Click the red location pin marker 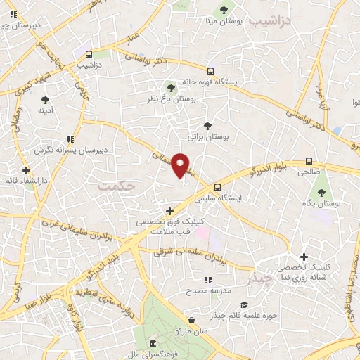point(180,164)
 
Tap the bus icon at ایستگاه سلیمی point(217,187)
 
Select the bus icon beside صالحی point(309,160)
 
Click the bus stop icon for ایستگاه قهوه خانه point(210,70)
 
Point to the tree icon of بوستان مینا point(224,10)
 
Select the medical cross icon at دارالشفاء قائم point(26,170)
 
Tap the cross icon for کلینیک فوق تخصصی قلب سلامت point(169,210)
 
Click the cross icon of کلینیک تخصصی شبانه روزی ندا point(304,257)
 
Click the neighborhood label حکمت point(115,186)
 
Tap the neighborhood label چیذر point(259,278)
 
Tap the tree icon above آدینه point(46,99)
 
